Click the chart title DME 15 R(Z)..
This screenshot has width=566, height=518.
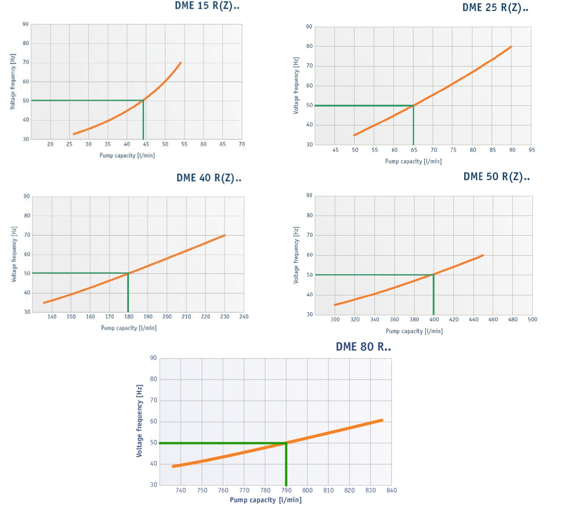pyautogui.click(x=207, y=6)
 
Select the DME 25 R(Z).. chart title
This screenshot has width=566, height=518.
pyautogui.click(x=495, y=8)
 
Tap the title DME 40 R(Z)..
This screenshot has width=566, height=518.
pyautogui.click(x=209, y=178)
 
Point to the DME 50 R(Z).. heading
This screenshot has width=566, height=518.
pyautogui.click(x=496, y=177)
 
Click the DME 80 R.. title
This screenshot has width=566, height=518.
pyautogui.click(x=363, y=347)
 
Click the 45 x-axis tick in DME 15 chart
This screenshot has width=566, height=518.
pyautogui.click(x=146, y=144)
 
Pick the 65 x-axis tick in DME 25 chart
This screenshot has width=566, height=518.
pyautogui.click(x=414, y=150)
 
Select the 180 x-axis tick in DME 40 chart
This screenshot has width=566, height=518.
pyautogui.click(x=129, y=317)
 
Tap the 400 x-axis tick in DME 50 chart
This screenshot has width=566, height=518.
pyautogui.click(x=434, y=320)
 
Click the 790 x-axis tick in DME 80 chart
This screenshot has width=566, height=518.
pyautogui.click(x=286, y=490)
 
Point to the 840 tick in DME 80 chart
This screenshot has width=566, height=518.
pyautogui.click(x=392, y=490)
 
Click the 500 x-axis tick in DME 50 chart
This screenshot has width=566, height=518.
pyautogui.click(x=532, y=320)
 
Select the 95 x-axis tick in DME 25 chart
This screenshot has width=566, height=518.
pyautogui.click(x=532, y=150)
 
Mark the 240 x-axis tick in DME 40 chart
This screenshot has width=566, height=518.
pyautogui.click(x=244, y=317)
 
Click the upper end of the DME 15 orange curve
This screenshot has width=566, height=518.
pyautogui.click(x=180, y=63)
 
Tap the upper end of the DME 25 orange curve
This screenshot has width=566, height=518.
pyautogui.click(x=511, y=46)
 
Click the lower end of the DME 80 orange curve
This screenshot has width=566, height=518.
pyautogui.click(x=173, y=466)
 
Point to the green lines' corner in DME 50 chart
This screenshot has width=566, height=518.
pyautogui.click(x=433, y=275)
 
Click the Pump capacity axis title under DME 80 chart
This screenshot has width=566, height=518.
pyautogui.click(x=265, y=500)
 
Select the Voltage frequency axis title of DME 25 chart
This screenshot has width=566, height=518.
pyautogui.click(x=296, y=86)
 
